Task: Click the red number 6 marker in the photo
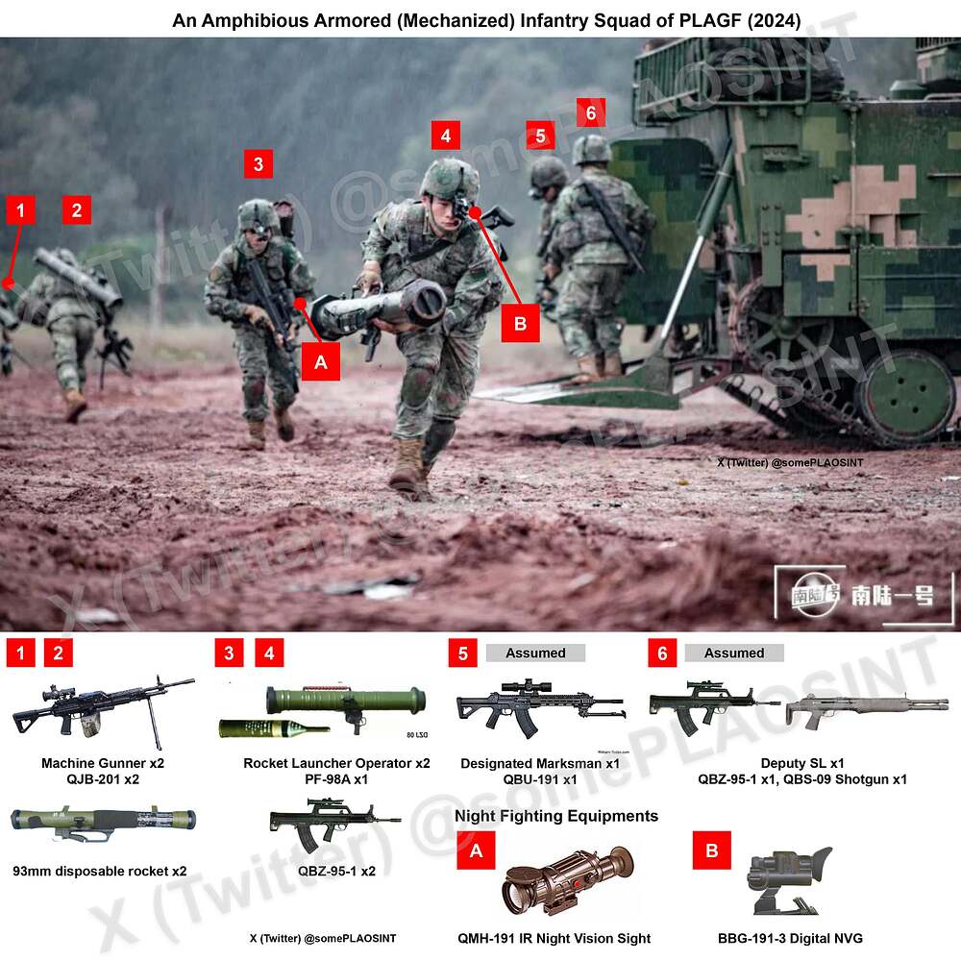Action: (590, 112)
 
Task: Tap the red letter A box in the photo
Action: (321, 363)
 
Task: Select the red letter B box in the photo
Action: (520, 323)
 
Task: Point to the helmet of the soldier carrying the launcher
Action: (449, 178)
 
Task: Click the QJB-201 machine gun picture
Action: (101, 711)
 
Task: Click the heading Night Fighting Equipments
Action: (556, 816)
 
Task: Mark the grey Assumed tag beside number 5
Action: (535, 653)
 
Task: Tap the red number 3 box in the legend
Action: (229, 653)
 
